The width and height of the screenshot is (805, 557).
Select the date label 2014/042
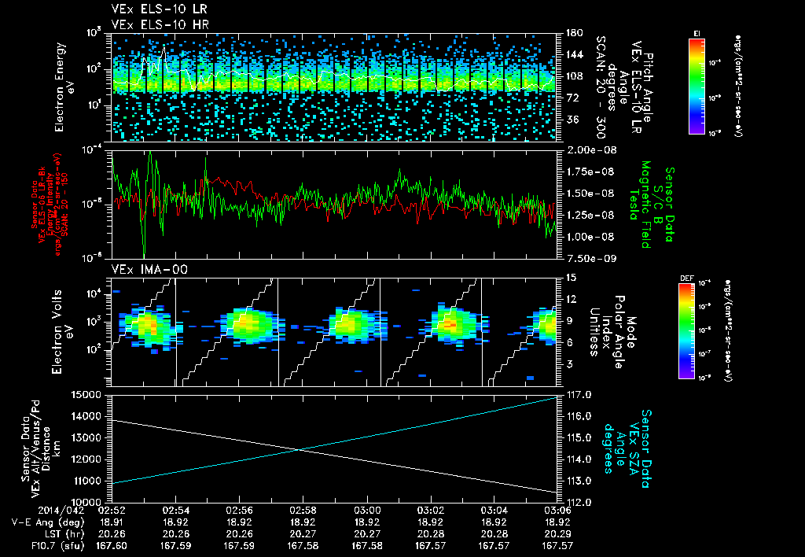click(75, 510)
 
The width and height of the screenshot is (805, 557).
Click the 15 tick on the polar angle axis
click(568, 278)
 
